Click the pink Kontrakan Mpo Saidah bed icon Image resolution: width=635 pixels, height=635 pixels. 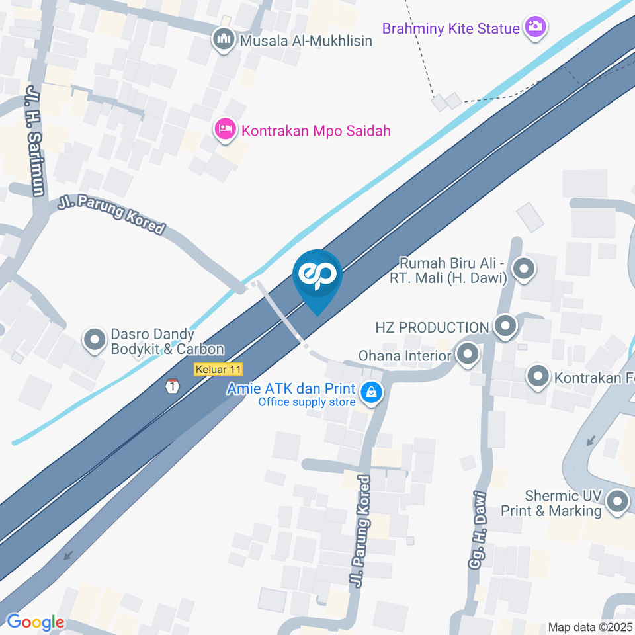tap(226, 130)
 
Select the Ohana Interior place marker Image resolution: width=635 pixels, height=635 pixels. tap(468, 355)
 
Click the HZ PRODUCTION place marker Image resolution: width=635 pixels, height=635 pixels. tap(506, 326)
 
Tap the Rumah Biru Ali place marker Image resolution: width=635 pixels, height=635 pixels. tap(524, 269)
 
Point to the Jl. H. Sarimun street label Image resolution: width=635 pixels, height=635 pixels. tap(34, 140)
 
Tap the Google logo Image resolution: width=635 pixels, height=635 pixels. tap(35, 622)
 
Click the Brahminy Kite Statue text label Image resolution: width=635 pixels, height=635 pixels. tap(450, 28)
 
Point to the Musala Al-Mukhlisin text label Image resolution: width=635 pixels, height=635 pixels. tap(306, 40)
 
